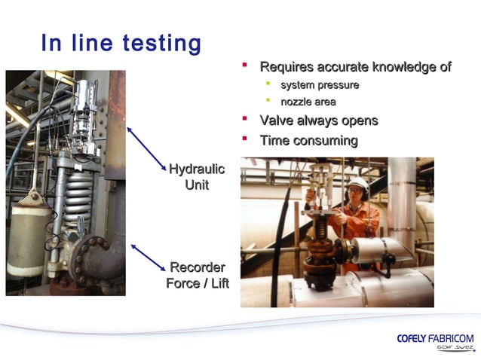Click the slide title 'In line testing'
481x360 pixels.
pos(121,43)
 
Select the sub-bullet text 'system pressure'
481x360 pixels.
pos(320,85)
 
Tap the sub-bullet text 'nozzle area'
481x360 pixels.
pos(308,102)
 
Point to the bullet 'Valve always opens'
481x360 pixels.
pos(318,121)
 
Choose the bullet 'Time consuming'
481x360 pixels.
pos(308,140)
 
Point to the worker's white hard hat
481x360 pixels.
pos(360,183)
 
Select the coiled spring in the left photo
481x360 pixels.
pos(78,200)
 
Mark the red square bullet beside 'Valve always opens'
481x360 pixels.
pos(244,120)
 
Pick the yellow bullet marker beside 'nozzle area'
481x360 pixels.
pos(267,101)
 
